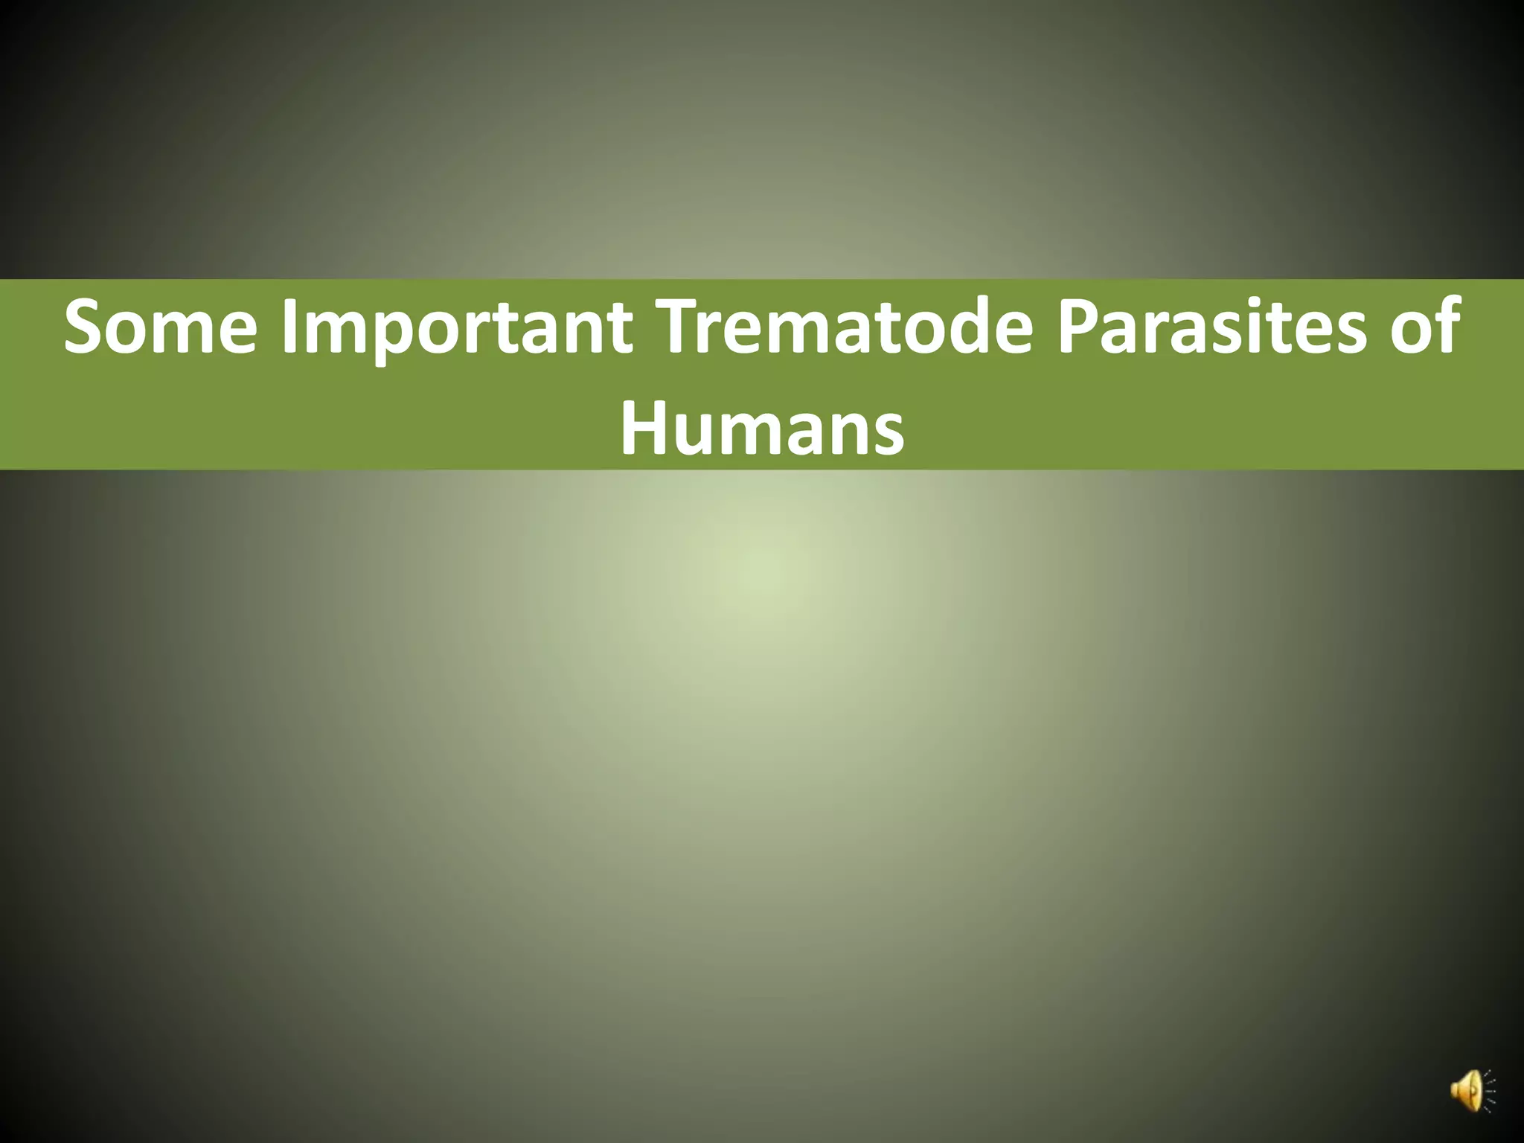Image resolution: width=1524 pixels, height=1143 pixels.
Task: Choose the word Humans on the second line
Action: [762, 430]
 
